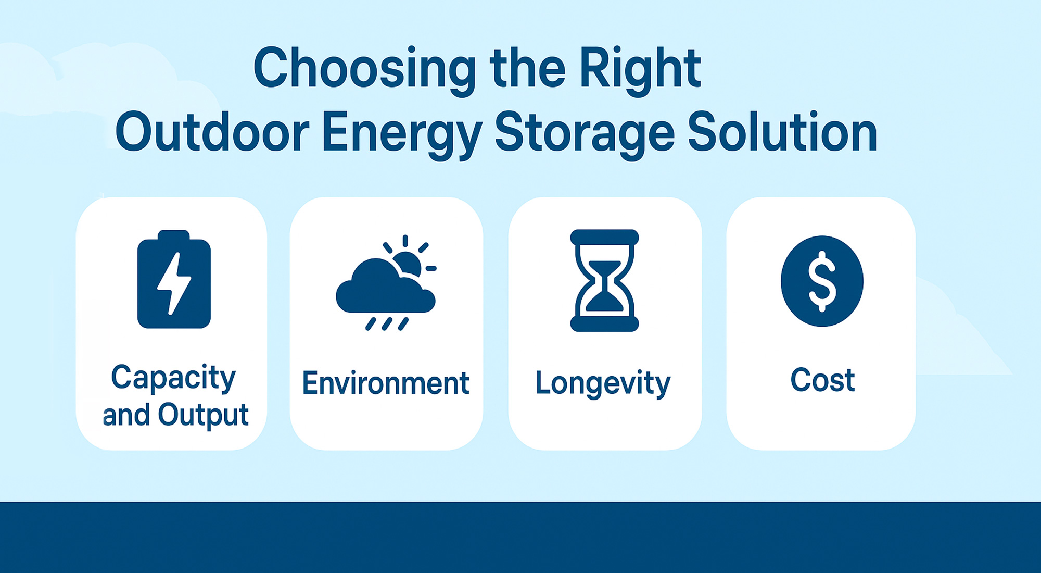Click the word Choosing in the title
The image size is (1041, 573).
(x=364, y=69)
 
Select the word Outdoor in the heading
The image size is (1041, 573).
(x=212, y=133)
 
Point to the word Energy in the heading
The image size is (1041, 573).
(x=402, y=133)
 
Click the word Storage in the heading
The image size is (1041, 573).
(x=584, y=133)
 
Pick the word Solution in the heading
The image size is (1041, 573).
(x=782, y=133)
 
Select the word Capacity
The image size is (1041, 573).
(x=173, y=378)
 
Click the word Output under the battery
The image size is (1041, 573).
(x=203, y=415)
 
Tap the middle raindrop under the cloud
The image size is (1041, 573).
(x=387, y=324)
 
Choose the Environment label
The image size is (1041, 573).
(x=386, y=383)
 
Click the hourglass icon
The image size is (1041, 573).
(x=604, y=280)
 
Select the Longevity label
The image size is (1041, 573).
(x=603, y=384)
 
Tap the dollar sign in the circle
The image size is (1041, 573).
(x=822, y=281)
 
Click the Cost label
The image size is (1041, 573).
(x=822, y=380)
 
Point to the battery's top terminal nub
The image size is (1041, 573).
(x=173, y=234)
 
